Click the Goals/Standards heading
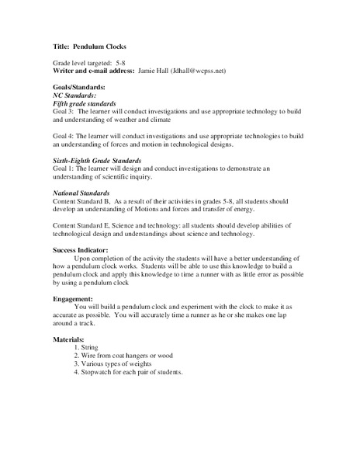click(79, 86)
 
